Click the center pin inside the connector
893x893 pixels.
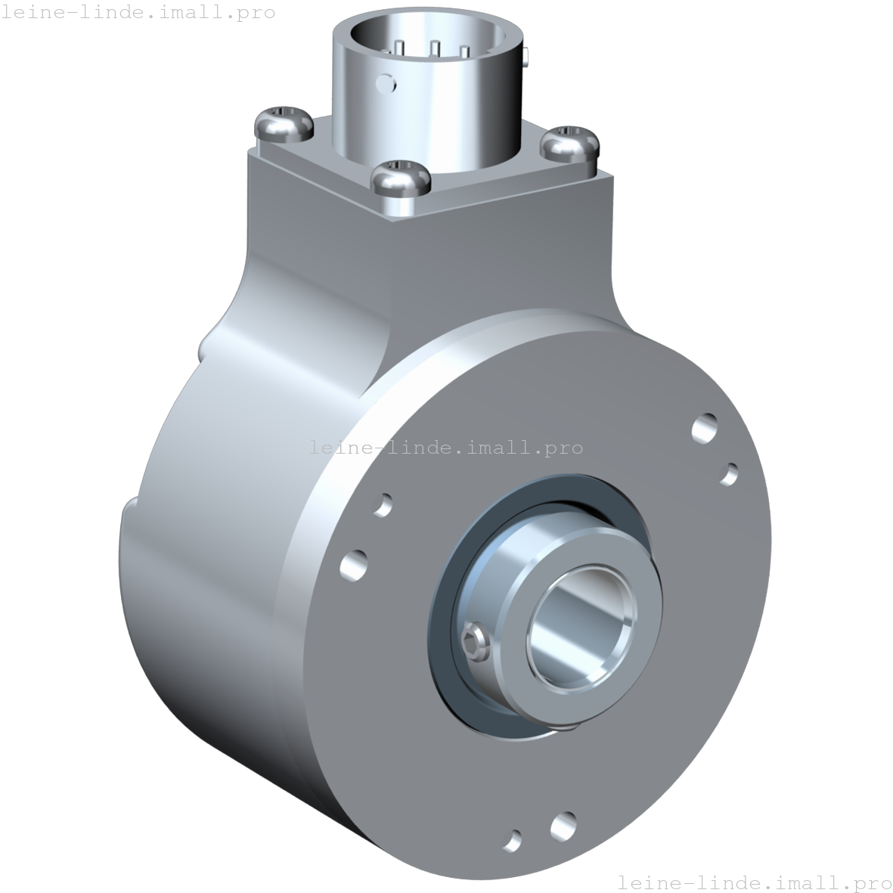pos(435,49)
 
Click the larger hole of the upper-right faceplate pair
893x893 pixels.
pos(705,428)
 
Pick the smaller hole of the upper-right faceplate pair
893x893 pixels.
pos(728,474)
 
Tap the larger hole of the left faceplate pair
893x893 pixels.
pos(353,564)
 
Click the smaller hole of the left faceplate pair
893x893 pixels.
pos(383,504)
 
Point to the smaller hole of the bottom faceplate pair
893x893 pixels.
pos(513,839)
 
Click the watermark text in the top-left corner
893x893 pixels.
pos(138,13)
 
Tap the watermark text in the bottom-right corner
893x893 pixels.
pos(754,882)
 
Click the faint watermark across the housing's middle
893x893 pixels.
pos(446,447)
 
